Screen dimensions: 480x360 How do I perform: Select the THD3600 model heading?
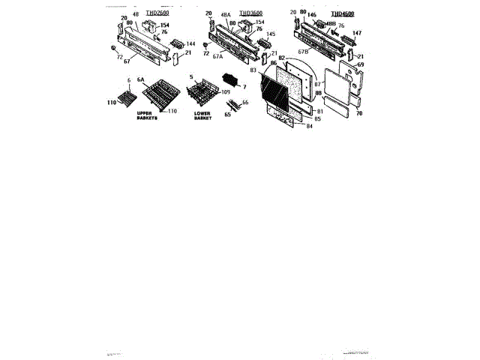251,13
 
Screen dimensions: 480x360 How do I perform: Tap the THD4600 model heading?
343,13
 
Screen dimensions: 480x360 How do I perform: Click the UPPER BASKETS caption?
148,116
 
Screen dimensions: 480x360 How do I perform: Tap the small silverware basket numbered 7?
229,82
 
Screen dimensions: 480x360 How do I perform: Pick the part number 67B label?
303,52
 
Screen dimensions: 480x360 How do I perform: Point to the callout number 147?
357,33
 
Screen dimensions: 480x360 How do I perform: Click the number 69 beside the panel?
360,65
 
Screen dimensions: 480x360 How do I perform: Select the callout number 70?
359,113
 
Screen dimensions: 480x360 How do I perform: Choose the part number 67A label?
217,56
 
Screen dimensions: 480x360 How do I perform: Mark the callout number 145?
271,34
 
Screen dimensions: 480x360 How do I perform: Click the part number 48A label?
226,23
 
